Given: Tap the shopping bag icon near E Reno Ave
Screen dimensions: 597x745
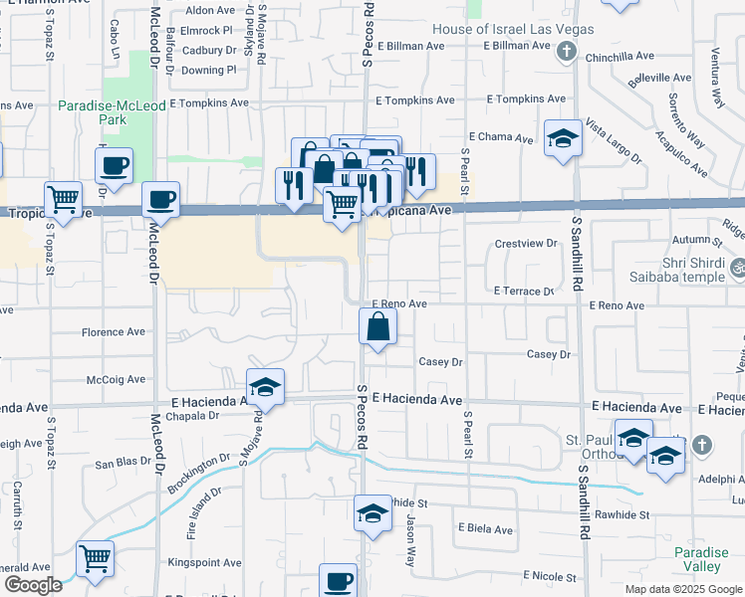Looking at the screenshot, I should (378, 326).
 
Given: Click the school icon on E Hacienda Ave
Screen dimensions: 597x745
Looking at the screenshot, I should (266, 388).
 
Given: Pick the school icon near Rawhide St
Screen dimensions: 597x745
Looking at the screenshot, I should (372, 513).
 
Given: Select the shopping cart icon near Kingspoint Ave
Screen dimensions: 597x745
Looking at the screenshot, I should (96, 560).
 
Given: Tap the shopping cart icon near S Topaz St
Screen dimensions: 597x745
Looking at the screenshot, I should (64, 200).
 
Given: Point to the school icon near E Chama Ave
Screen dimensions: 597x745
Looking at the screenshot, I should (563, 138).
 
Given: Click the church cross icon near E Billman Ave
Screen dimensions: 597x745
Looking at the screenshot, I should (567, 50).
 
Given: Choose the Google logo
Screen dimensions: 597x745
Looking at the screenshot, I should (33, 585).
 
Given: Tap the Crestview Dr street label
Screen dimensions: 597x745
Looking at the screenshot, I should (526, 243).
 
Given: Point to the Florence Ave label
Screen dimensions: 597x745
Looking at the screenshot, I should (114, 332).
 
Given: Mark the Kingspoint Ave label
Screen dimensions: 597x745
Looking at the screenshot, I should (205, 562).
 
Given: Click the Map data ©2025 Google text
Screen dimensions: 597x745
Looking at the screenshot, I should (682, 589).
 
